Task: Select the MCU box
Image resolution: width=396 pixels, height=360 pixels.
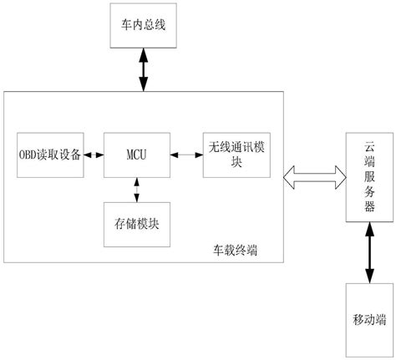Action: pos(136,154)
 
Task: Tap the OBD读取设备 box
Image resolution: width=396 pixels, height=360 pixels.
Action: pos(50,154)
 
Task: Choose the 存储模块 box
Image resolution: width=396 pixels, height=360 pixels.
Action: pos(136,223)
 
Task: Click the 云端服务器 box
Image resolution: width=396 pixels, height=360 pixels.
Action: pos(368,178)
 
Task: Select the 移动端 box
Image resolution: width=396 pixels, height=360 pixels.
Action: pos(368,320)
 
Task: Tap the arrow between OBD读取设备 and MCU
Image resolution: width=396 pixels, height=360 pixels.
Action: pos(93,154)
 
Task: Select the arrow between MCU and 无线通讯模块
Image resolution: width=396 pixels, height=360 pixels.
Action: pos(185,154)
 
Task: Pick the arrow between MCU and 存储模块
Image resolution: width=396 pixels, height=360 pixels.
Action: pos(136,189)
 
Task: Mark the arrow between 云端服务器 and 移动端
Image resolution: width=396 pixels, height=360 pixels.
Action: pos(368,254)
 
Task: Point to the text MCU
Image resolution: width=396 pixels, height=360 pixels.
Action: pos(136,154)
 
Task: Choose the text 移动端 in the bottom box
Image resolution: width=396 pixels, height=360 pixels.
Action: pos(368,320)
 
